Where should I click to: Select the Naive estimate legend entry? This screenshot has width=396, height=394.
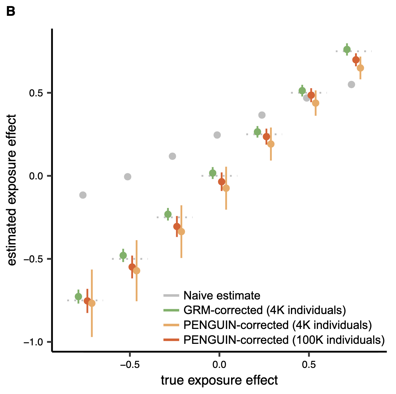222,295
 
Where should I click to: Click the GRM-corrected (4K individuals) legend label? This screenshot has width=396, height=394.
265,310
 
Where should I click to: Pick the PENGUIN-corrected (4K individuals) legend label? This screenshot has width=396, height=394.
278,325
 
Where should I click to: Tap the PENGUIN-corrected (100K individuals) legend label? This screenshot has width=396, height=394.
284,340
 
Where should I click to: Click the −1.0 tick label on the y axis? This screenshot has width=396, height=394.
35,342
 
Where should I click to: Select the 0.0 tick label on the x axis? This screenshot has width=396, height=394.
219,365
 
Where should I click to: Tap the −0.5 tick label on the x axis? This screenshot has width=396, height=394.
130,365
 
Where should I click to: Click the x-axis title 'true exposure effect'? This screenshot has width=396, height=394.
219,380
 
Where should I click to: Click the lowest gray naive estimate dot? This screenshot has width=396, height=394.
83,195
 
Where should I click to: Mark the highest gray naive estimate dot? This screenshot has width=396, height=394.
351,85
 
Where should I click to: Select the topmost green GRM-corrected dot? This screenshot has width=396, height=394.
347,50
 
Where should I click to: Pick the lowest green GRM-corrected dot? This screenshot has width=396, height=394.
78,296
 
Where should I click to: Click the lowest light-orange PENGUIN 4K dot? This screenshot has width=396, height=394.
92,303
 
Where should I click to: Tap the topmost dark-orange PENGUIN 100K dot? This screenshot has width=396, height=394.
356,60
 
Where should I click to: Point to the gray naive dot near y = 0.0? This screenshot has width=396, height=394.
128,177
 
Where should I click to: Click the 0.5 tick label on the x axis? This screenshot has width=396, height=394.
309,365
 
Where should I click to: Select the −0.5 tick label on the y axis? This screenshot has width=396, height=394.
35,259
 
